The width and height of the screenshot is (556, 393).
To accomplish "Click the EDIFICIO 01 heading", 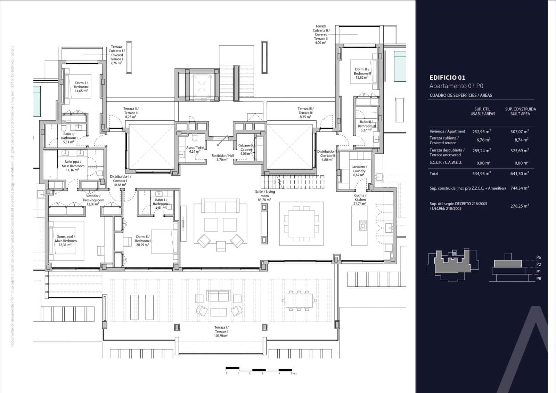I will click(447, 78).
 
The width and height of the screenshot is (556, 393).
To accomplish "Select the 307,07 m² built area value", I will click(520, 131).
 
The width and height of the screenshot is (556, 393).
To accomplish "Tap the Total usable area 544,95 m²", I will click(481, 173).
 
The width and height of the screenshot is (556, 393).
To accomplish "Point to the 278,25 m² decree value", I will click(520, 206).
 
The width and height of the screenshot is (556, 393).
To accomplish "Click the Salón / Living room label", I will click(265, 195).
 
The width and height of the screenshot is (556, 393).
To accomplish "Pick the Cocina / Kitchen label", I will click(360, 199).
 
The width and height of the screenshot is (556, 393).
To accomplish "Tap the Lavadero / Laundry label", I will click(359, 170).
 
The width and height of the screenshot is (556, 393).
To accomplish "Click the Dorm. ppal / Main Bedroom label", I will click(66, 241).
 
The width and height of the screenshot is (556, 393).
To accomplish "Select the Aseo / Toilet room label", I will click(195, 149).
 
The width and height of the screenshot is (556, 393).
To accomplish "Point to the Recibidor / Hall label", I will click(222, 158).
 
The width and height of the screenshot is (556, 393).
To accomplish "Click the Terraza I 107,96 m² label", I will click(221, 331).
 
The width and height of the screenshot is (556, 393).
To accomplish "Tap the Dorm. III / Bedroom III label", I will click(362, 73).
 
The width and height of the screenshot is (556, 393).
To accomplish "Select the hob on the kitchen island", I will click(363, 226).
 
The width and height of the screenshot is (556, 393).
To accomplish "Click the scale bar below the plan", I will click(259, 369).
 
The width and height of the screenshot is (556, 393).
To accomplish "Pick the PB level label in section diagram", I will click(538, 279).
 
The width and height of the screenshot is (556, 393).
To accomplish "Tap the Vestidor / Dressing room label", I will click(93, 200).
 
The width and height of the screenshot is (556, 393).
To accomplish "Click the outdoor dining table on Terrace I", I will click(299, 299).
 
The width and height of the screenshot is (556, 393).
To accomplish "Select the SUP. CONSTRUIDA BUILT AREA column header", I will click(520, 111).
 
